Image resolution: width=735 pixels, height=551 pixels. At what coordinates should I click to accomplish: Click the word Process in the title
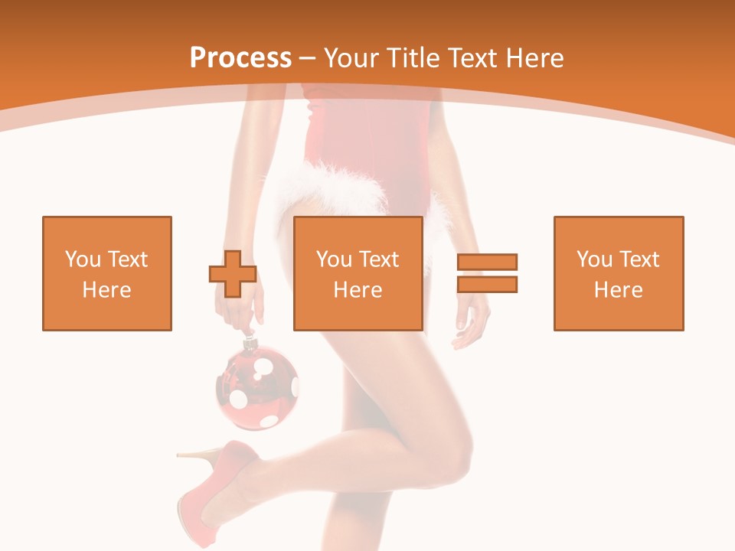pos(240,57)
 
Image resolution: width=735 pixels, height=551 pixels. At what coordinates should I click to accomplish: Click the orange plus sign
pos(233,274)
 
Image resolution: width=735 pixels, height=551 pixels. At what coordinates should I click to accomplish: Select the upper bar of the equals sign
pos(487,262)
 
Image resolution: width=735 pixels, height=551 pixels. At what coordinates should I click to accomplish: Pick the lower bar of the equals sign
pos(487,284)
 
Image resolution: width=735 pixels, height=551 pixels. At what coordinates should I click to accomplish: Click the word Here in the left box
pos(106,290)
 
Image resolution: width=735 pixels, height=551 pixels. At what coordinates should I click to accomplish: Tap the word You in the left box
pos(82,259)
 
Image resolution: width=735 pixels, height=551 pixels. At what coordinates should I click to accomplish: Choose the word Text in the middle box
pos(378,259)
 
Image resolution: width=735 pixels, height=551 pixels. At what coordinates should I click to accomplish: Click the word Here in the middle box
pos(358,290)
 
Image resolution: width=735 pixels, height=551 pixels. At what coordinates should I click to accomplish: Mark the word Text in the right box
pos(639,259)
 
